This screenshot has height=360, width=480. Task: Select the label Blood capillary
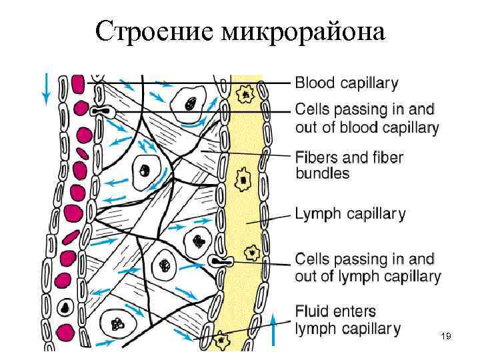[346, 84]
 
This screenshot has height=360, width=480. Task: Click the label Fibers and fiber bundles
[349, 165]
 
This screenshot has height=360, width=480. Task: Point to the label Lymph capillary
[350, 214]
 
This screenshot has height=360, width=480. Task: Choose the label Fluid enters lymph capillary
[347, 319]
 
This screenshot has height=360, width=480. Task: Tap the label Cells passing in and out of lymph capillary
[367, 267]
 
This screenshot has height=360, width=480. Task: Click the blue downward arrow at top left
[45, 89]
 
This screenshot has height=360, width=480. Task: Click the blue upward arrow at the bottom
[273, 331]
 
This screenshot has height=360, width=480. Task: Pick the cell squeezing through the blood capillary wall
[102, 111]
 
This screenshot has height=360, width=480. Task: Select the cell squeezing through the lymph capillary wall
[219, 262]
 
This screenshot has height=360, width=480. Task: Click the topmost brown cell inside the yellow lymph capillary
[245, 97]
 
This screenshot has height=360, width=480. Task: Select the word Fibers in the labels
[316, 158]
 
